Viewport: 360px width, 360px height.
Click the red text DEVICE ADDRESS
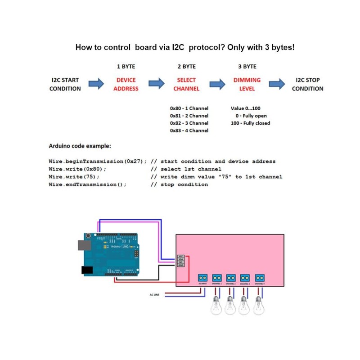tap(126, 84)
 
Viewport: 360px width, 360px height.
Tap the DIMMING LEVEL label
tap(247, 84)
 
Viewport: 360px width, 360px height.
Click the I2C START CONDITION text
tap(65, 84)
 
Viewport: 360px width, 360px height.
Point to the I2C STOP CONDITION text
tap(307, 84)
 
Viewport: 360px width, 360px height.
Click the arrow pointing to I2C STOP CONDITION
tap(277, 84)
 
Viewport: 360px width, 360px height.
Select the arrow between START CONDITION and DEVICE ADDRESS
tap(96, 84)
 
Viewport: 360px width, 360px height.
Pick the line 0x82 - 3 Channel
tap(189, 123)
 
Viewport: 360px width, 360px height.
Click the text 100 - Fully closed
tap(250, 123)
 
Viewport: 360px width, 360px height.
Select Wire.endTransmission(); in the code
tap(87, 184)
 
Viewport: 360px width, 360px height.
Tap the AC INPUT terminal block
tap(202, 278)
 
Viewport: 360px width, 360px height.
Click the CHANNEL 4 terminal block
tap(260, 278)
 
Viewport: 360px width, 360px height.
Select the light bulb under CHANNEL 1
tap(216, 308)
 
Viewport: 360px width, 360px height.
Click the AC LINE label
tap(154, 295)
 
